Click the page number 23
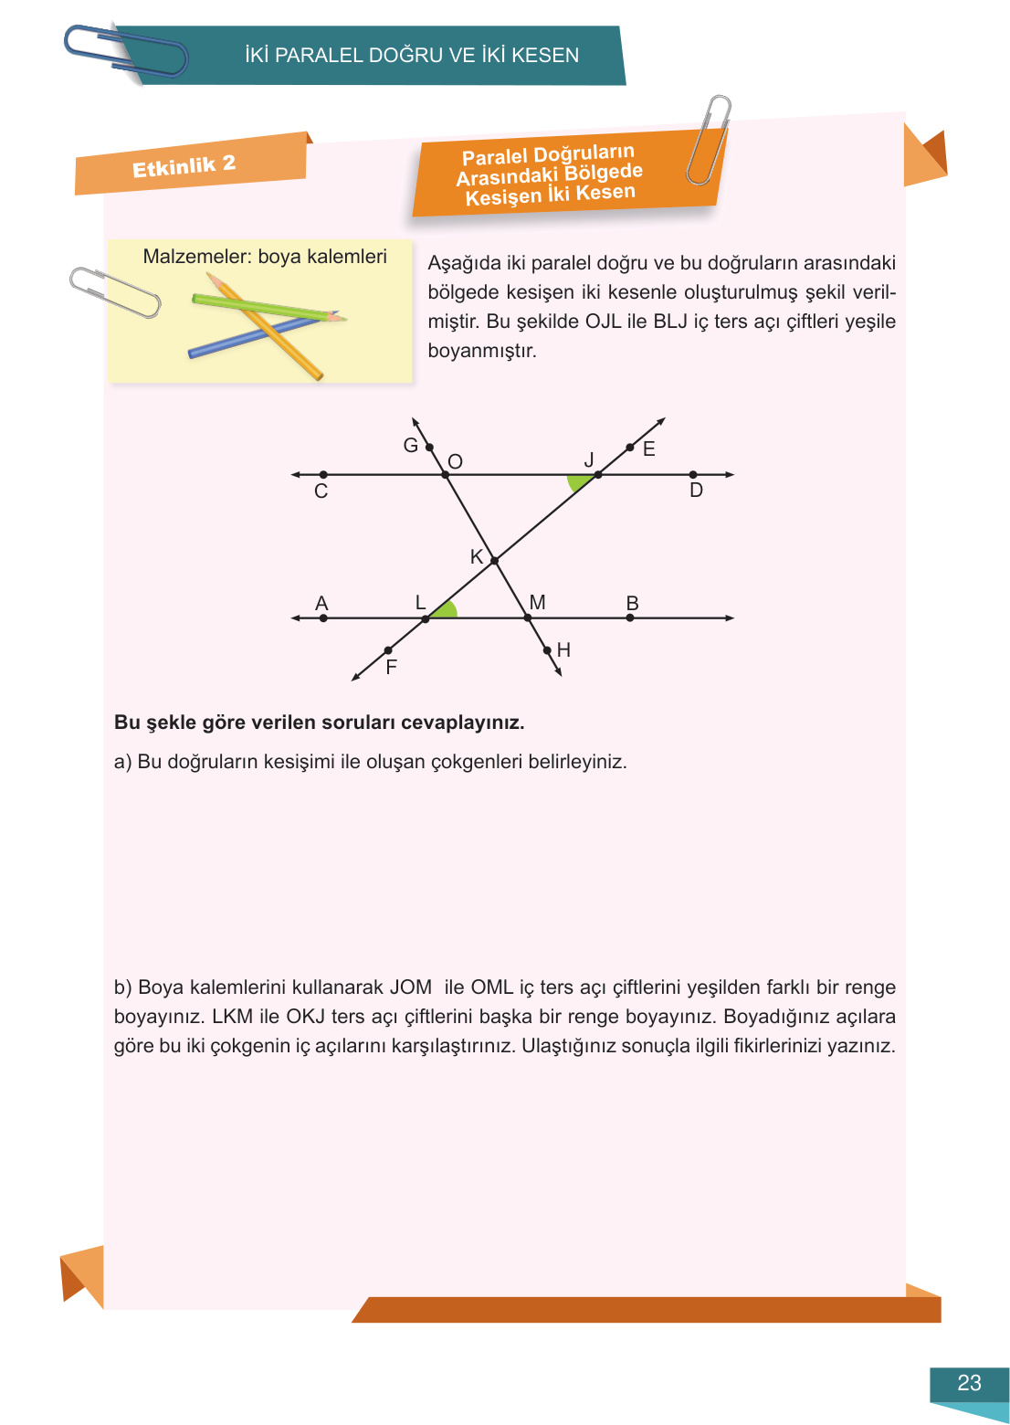click(x=969, y=1383)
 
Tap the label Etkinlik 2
click(x=184, y=166)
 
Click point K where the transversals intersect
click(x=494, y=560)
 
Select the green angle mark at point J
click(x=578, y=481)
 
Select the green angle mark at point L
click(x=445, y=610)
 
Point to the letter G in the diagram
click(x=410, y=446)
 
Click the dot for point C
click(x=323, y=475)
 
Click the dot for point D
click(x=693, y=475)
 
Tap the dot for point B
click(x=630, y=618)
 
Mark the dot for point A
click(x=323, y=618)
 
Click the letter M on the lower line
click(x=537, y=602)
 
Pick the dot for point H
click(x=547, y=650)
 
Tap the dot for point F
click(x=388, y=650)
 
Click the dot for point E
click(x=630, y=448)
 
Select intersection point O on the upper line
click(x=446, y=475)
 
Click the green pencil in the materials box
click(x=265, y=307)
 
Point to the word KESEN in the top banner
click(x=545, y=56)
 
